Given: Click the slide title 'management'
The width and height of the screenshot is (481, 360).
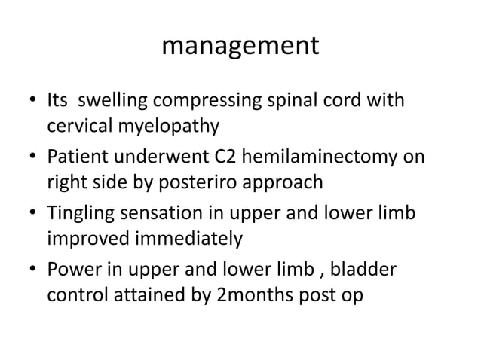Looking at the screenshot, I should pos(240,47).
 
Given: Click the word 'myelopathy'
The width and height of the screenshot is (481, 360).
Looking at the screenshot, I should pos(170,126).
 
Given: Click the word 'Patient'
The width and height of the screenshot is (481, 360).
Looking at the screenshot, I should pos(78,157).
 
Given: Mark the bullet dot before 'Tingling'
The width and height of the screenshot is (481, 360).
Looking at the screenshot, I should pos(31,215).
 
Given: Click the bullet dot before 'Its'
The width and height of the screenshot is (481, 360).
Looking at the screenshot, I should pos(31,101).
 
